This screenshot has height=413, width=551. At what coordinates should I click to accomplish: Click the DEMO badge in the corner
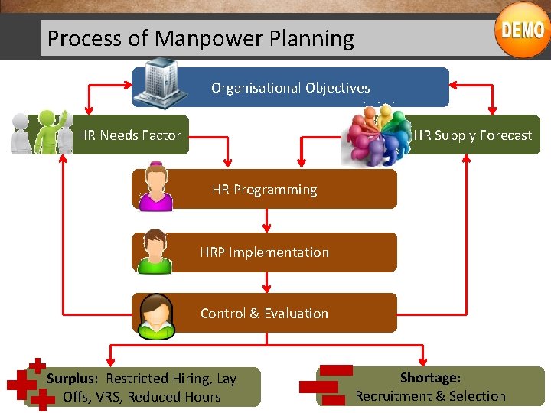point(522,30)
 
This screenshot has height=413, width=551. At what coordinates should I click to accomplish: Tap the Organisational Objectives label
point(290,88)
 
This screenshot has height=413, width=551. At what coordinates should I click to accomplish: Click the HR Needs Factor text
point(129,135)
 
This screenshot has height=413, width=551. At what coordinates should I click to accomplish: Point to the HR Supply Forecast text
point(472,135)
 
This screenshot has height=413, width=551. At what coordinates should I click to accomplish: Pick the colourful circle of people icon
point(377,135)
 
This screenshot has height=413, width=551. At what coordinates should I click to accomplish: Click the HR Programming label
point(264,190)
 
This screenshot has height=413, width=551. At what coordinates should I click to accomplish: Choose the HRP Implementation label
point(264,252)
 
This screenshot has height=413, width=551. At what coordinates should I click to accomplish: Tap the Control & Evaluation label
point(264,314)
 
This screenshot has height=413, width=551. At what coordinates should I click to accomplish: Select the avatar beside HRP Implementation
point(155,251)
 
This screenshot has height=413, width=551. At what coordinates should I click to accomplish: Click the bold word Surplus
point(72,379)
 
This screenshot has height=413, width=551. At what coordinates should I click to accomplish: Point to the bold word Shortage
point(430,377)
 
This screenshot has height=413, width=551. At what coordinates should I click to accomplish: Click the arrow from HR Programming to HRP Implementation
point(266,220)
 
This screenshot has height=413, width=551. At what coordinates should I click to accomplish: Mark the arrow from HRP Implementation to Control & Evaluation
point(266,281)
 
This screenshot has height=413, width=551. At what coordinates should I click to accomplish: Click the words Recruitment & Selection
point(430,396)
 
